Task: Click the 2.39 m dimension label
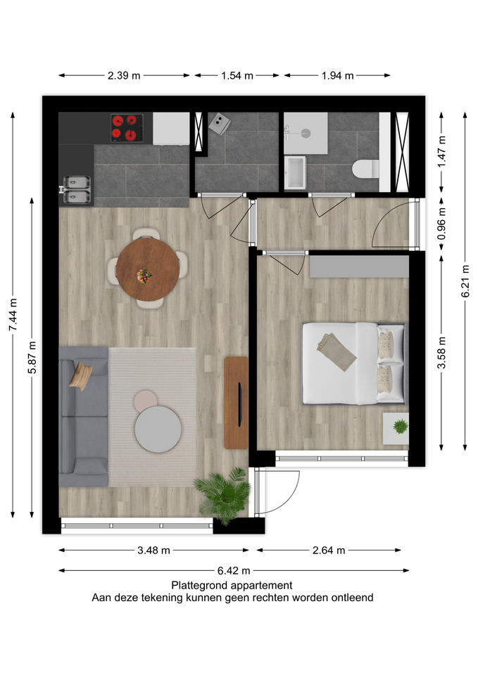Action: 124,76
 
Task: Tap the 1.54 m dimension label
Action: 237,76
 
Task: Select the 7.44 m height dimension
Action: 13,315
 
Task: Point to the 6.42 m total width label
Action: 234,571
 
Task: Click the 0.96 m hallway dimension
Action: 441,224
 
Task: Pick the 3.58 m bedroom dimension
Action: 441,353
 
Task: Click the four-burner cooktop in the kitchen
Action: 127,128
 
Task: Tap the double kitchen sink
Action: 77,189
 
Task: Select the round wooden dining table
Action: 148,269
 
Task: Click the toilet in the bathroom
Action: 365,169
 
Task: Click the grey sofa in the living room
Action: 83,416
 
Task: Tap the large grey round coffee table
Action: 158,429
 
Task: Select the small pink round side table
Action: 145,400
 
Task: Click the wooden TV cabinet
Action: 237,402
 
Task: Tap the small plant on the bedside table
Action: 401,426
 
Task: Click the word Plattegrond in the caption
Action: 200,586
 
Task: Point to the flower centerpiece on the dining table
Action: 144,276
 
